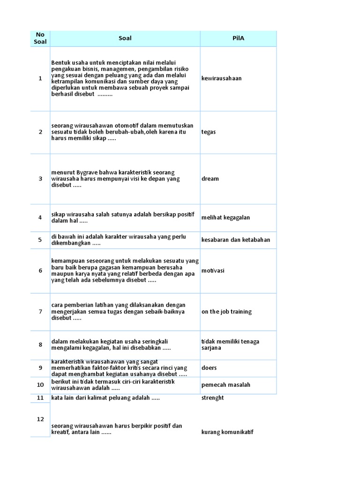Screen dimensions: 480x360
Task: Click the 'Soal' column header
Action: [x=125, y=38]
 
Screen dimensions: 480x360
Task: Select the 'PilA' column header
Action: [x=239, y=38]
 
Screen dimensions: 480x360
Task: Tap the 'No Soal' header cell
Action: [x=40, y=38]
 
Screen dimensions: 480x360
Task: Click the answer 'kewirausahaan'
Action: [x=221, y=78]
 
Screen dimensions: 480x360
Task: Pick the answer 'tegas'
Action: [x=209, y=132]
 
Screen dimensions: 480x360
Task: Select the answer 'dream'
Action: [x=210, y=179]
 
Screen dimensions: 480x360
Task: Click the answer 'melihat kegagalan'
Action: [x=225, y=217]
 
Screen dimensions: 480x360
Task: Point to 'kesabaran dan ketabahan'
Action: [x=235, y=240]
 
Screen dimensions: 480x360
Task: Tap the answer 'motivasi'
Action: [x=213, y=270]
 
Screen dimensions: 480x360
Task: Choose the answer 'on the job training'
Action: [x=226, y=312]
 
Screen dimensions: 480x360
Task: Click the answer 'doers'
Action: [x=209, y=368]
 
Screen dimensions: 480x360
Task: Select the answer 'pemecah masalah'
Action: [x=225, y=385]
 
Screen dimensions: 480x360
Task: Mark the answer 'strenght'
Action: [x=212, y=397]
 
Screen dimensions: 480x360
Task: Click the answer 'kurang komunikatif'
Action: [x=227, y=432]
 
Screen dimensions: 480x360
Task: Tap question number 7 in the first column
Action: [x=40, y=312]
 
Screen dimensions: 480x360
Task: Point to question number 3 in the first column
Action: [x=40, y=179]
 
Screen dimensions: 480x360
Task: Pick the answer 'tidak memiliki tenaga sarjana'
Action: [x=230, y=345]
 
